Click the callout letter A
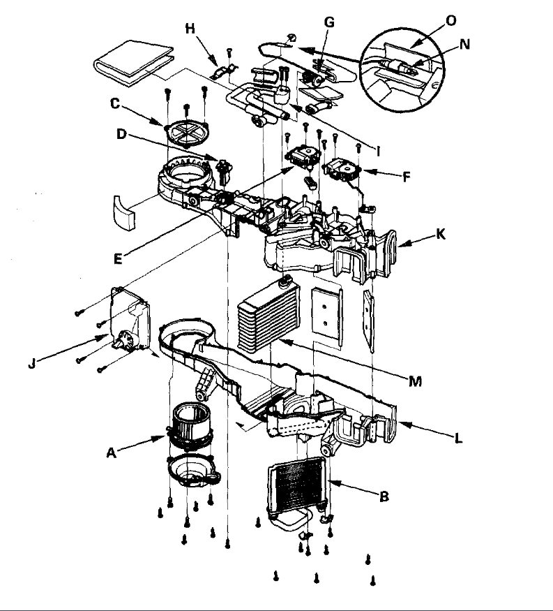111,453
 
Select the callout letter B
383,497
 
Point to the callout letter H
190,28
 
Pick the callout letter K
440,236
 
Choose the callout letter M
417,381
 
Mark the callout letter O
451,20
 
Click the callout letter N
465,43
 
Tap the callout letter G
329,22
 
